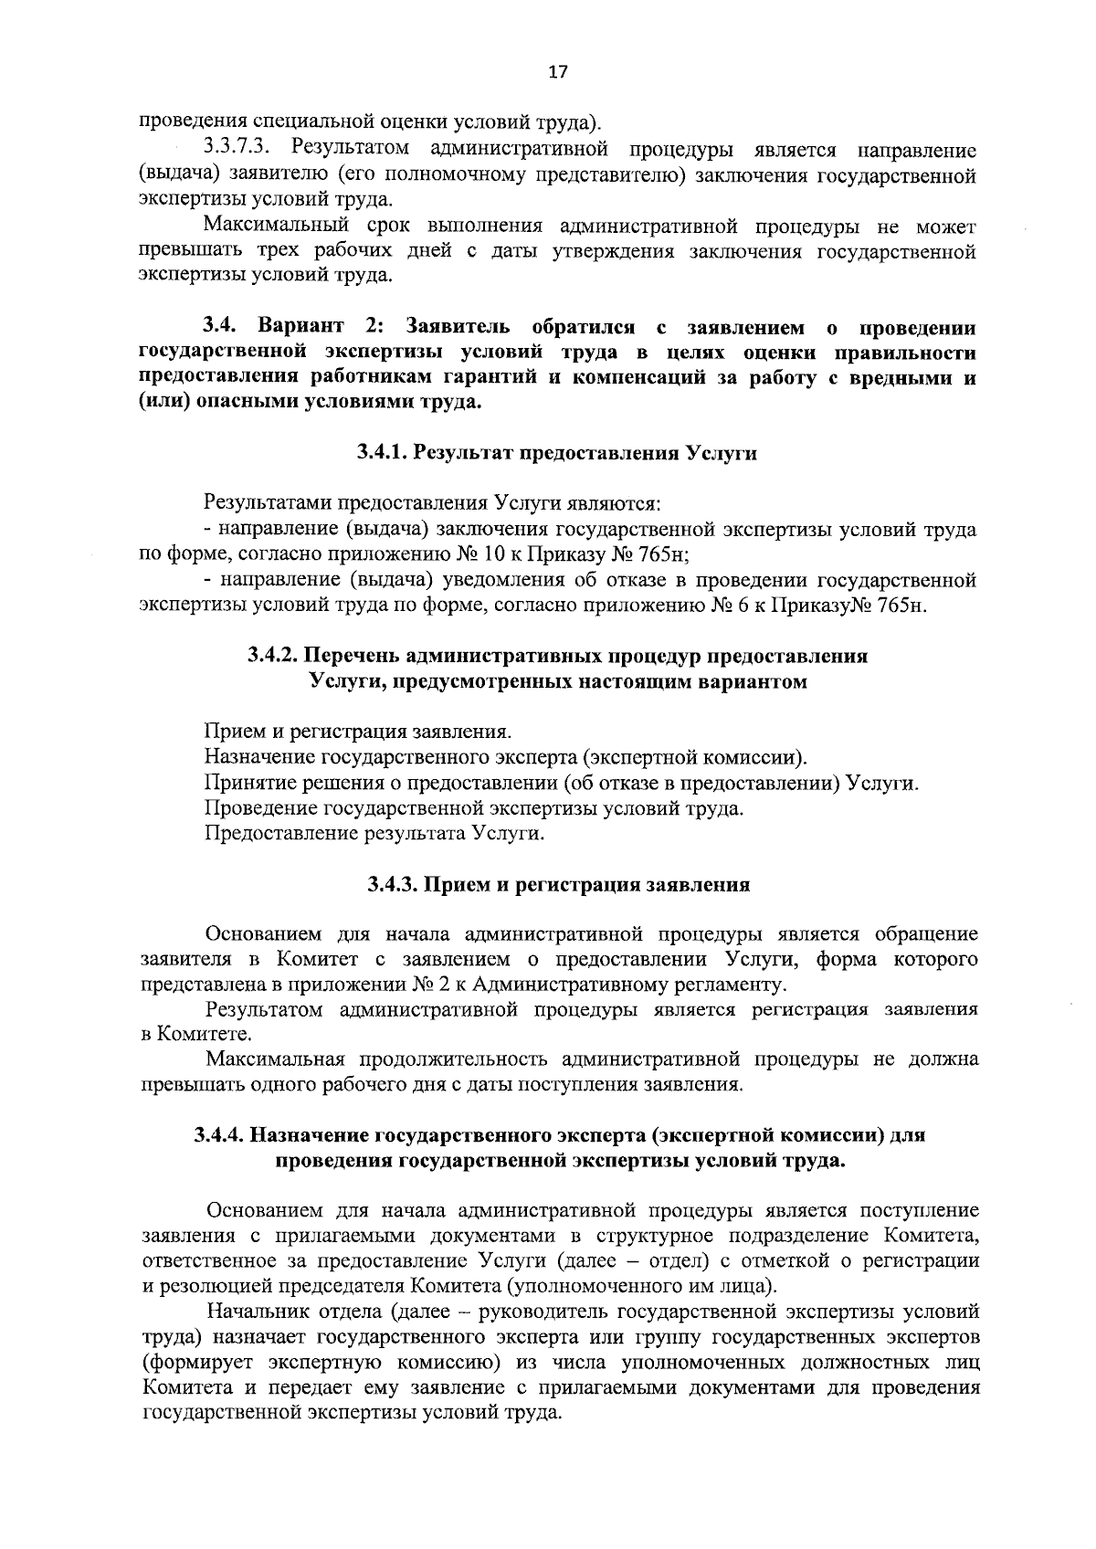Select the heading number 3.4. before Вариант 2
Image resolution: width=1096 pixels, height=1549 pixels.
[x=220, y=327]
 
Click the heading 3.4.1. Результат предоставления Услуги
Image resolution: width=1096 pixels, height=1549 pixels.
[x=556, y=453]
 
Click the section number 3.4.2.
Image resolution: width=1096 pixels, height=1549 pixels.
[x=273, y=656]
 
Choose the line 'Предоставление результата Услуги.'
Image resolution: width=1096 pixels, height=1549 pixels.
[x=374, y=833]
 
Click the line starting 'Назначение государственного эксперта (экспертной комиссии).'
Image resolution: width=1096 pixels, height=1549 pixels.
[x=506, y=757]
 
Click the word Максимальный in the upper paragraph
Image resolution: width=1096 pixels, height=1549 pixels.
[x=271, y=226]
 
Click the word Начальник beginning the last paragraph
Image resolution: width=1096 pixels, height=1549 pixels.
[x=258, y=1312]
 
